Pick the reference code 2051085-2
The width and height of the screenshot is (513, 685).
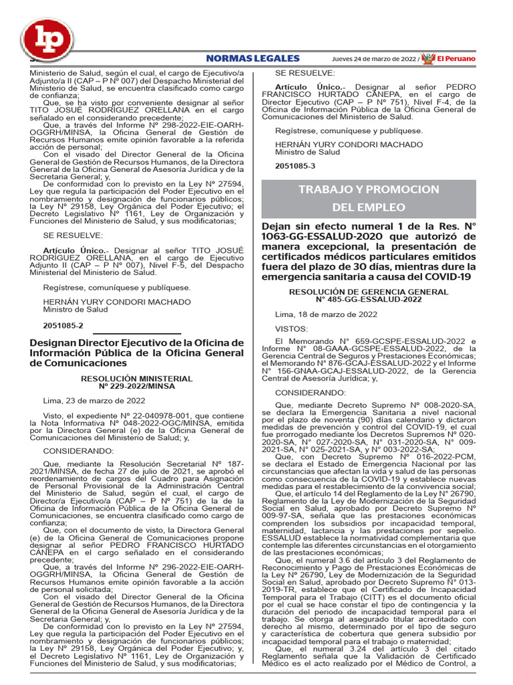(x=63, y=325)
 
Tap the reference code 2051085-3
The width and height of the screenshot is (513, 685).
(x=295, y=167)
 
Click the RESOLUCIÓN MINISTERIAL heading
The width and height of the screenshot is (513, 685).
(x=136, y=379)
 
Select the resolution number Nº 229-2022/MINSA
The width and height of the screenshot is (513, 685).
(x=136, y=387)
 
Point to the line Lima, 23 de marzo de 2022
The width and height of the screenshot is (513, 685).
(x=94, y=401)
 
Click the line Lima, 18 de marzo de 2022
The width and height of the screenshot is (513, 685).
(x=327, y=314)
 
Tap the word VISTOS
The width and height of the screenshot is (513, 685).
(x=292, y=328)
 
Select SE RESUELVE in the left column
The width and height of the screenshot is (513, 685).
(x=64, y=235)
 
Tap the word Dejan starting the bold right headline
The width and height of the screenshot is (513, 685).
(x=278, y=226)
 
